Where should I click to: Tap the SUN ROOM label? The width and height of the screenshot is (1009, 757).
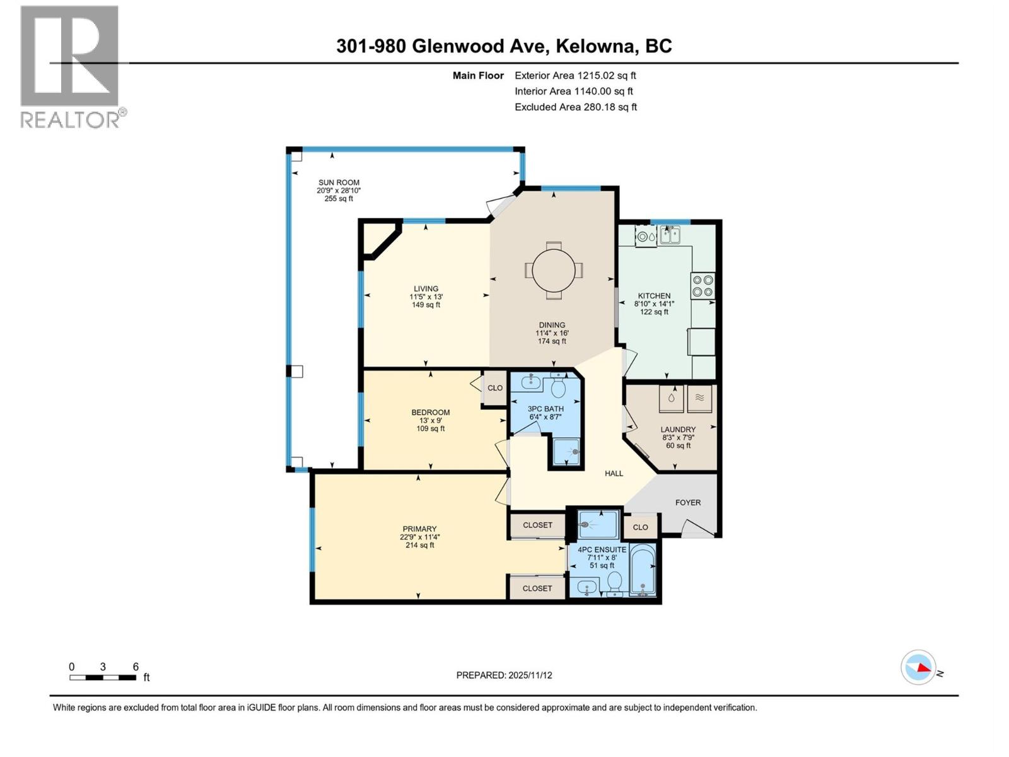339,182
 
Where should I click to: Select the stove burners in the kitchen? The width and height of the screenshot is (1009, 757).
703,285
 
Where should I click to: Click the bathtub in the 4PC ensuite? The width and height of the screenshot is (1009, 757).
643,570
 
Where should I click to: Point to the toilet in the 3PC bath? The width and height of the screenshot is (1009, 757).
558,384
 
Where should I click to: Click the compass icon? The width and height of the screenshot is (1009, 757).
918,667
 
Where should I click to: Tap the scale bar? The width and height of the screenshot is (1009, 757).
103,678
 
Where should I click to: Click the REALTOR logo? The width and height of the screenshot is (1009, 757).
71,66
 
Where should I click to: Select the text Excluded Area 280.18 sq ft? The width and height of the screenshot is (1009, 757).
575,107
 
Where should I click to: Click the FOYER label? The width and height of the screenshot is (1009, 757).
687,503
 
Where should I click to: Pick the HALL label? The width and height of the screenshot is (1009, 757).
614,473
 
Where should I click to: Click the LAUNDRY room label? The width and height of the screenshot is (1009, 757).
678,430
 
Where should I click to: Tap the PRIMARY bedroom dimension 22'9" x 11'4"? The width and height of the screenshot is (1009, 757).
420,537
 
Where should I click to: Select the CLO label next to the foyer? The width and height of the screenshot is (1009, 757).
640,527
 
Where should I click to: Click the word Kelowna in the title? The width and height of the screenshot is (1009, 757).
597,46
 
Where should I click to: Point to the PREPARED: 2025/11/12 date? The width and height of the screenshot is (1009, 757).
504,675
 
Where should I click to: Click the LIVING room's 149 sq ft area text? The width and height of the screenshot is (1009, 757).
426,305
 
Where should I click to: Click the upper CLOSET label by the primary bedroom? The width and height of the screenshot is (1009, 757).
537,525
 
